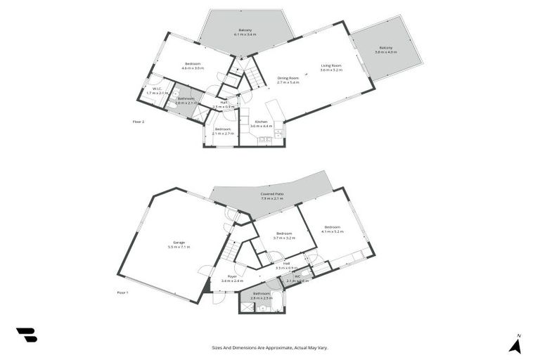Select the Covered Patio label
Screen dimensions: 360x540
[272, 195]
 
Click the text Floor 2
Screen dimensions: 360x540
[139, 122]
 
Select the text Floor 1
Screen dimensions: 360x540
[122, 291]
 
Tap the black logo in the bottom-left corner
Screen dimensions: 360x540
[27, 335]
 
